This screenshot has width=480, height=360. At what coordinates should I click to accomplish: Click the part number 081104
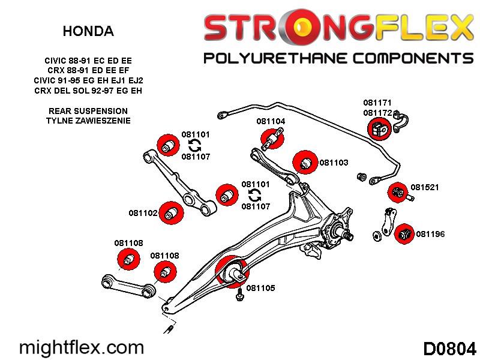coord(271,121)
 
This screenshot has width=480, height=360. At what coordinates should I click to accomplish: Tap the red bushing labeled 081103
coord(304,162)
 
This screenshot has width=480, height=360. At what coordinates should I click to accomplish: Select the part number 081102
coord(143,213)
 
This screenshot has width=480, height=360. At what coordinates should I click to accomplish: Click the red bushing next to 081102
coord(172,211)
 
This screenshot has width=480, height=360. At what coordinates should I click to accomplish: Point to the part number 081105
coord(260,288)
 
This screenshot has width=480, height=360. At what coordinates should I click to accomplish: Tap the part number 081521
coord(425,187)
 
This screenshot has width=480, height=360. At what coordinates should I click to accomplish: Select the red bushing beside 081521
coord(397,193)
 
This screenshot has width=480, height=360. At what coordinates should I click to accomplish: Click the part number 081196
coord(430,234)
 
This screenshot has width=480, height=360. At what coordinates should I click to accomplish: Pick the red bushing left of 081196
coord(404,233)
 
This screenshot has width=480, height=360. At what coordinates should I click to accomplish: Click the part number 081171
coord(377,103)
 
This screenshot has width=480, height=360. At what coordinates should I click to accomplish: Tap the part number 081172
coord(377,112)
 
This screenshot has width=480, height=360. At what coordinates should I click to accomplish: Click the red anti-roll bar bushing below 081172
coord(379,128)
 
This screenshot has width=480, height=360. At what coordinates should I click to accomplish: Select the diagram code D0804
coord(449,349)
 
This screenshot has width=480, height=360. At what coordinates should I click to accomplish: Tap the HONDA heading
coord(88,31)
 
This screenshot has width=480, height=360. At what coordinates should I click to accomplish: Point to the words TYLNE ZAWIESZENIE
coord(88,121)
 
